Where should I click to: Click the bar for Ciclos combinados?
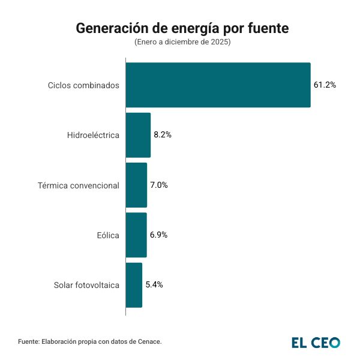click(x=218, y=85)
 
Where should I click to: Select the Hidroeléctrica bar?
click(x=138, y=135)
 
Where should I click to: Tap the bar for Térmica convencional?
click(x=136, y=185)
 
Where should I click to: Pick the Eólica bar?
click(x=136, y=235)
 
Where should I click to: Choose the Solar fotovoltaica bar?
click(x=134, y=284)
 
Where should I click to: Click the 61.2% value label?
click(x=325, y=85)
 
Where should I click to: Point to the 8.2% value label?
click(x=163, y=135)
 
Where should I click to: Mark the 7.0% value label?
click(x=159, y=185)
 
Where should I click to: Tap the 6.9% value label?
click(x=158, y=235)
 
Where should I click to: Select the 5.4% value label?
click(x=154, y=284)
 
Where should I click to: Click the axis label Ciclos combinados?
click(x=83, y=85)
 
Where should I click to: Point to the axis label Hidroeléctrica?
click(x=93, y=135)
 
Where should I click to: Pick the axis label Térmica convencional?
click(x=78, y=185)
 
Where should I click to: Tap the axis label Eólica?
click(x=109, y=235)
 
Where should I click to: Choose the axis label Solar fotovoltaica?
click(x=86, y=285)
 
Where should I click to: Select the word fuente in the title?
click(x=268, y=28)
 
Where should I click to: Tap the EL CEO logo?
click(x=316, y=343)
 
